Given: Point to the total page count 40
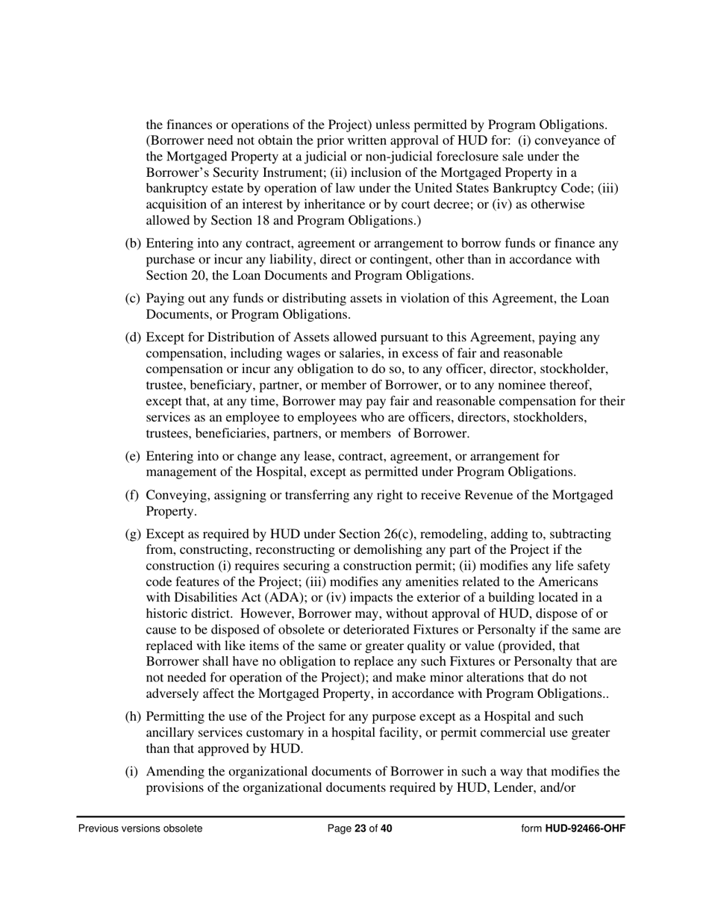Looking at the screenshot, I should tap(386, 828).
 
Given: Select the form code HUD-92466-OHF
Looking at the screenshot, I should tap(585, 828).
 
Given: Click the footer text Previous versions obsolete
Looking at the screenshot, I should tap(140, 828).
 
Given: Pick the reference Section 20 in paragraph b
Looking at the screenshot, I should tap(175, 275).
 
